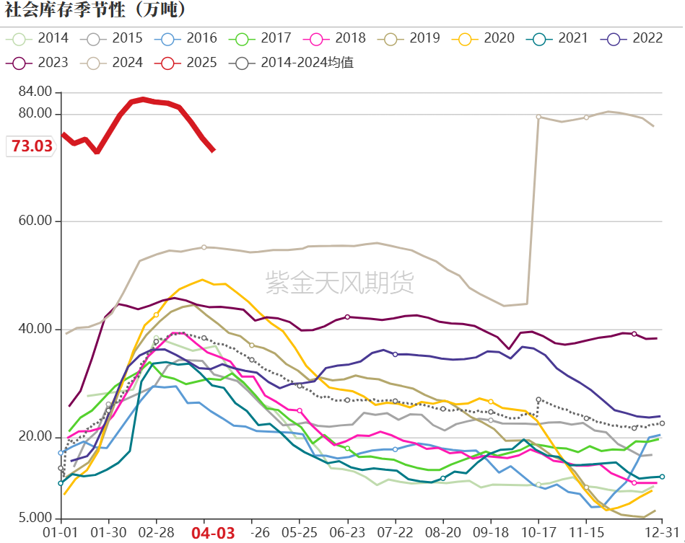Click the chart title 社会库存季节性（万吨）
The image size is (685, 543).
pyautogui.click(x=96, y=10)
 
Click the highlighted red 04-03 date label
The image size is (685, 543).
pyautogui.click(x=212, y=533)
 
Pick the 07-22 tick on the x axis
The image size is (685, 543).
pyautogui.click(x=395, y=532)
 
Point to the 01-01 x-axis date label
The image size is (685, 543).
pyautogui.click(x=61, y=532)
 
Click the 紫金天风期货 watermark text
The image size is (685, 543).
pyautogui.click(x=340, y=282)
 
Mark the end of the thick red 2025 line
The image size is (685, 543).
pyautogui.click(x=213, y=150)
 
